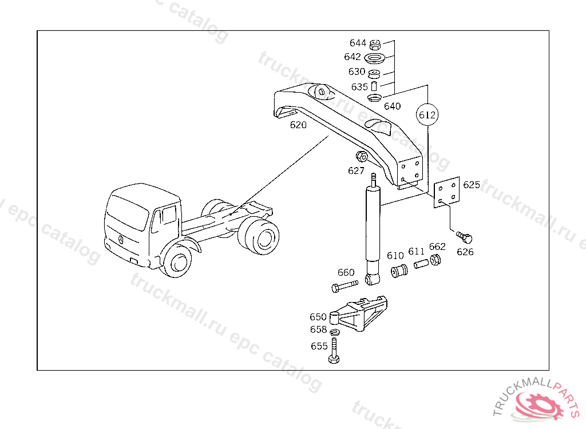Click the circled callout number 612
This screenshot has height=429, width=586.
click(x=427, y=115)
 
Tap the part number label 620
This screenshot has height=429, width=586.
click(x=298, y=125)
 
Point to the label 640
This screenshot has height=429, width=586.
click(x=392, y=106)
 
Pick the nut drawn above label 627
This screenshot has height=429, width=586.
click(x=361, y=156)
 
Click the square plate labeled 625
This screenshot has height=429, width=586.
click(x=446, y=193)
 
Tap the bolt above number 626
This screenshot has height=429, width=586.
click(x=465, y=236)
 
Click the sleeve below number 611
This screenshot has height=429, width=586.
click(x=421, y=266)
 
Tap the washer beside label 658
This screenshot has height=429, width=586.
click(x=335, y=331)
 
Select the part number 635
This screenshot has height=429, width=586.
click(x=359, y=87)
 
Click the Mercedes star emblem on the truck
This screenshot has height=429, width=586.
click(x=120, y=239)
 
